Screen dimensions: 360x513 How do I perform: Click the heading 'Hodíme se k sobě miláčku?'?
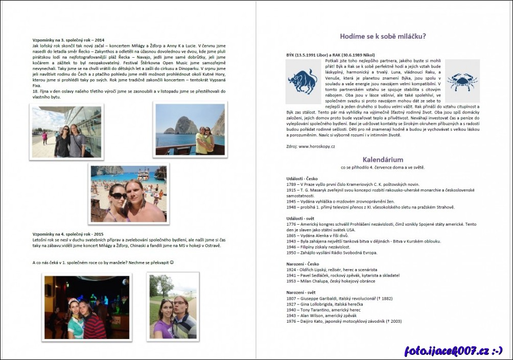click(x=383, y=36)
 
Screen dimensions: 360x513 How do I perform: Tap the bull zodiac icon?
click(x=302, y=81)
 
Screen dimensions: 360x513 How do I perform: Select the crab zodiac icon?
click(x=462, y=81)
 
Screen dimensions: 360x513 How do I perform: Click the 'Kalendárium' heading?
click(x=383, y=159)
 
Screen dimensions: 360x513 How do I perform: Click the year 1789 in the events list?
click(x=292, y=184)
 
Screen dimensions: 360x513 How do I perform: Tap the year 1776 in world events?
click(x=292, y=224)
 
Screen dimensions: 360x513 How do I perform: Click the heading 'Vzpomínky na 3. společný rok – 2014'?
click(x=68, y=40)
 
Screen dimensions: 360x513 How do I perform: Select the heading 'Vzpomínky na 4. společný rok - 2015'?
click(x=67, y=234)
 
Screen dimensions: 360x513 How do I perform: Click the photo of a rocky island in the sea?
click(x=190, y=129)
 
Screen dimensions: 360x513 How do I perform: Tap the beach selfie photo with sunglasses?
click(x=129, y=194)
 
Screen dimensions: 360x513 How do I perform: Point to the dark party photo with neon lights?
click(x=87, y=307)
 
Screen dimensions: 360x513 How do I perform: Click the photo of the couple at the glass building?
click(x=67, y=132)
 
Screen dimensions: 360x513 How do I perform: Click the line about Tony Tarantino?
click(x=323, y=309)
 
